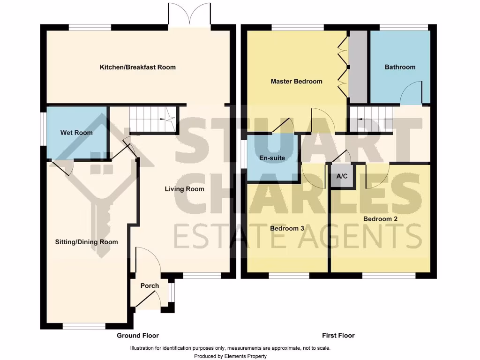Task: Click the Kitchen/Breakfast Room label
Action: pyautogui.click(x=138, y=67)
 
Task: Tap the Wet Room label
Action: pyautogui.click(x=76, y=133)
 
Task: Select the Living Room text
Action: pyautogui.click(x=184, y=189)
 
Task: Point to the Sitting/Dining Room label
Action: pyautogui.click(x=86, y=242)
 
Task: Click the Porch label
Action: pyautogui.click(x=150, y=285)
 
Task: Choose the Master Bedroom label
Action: pyautogui.click(x=296, y=81)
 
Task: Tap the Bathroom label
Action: pyautogui.click(x=400, y=67)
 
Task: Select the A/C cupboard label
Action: pyautogui.click(x=342, y=176)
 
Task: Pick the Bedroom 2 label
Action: pyautogui.click(x=380, y=219)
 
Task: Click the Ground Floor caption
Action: pyautogui.click(x=138, y=335)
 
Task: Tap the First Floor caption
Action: pyautogui.click(x=338, y=335)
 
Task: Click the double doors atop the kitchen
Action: pyautogui.click(x=189, y=15)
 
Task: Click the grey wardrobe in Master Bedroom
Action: pyautogui.click(x=359, y=67)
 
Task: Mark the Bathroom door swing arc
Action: pyautogui.click(x=411, y=91)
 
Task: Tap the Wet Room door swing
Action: pyautogui.click(x=64, y=167)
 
